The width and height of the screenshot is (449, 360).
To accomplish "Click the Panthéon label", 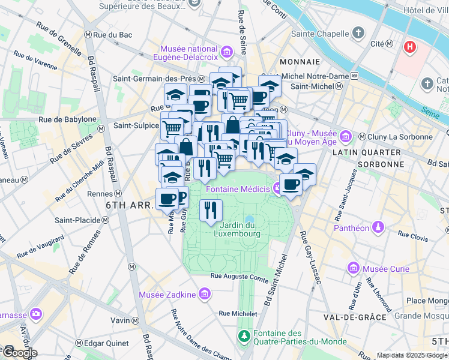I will [x=351, y=228].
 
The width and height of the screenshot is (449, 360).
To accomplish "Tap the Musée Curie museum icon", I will [x=352, y=267].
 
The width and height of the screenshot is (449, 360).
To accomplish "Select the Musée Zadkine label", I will [x=167, y=294].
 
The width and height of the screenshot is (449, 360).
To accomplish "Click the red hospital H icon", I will [x=411, y=47].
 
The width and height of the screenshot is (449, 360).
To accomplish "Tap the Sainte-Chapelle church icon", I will [x=358, y=32].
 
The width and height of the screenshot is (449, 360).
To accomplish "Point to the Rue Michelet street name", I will [x=238, y=313].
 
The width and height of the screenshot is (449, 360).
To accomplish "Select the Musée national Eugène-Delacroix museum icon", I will [x=227, y=53].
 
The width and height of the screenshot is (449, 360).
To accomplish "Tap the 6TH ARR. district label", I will [x=128, y=205].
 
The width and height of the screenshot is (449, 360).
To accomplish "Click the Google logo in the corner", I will [x=19, y=352].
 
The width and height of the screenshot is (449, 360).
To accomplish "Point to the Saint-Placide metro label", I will [x=78, y=220].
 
